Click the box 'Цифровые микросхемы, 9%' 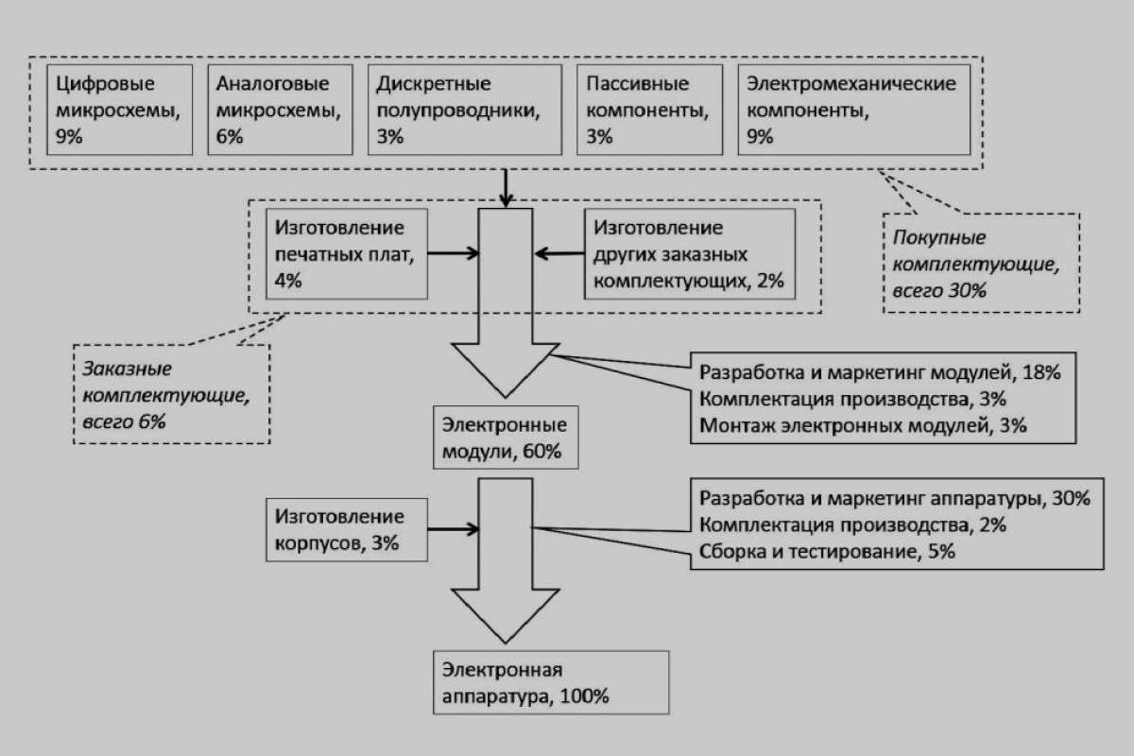coord(119,110)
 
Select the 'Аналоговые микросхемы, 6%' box coord(280,110)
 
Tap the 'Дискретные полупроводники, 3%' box coord(465,110)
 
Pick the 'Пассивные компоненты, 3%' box coord(649,110)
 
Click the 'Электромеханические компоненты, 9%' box coord(854,110)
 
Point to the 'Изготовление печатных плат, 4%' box coord(347,253)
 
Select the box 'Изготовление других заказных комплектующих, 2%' coord(690,253)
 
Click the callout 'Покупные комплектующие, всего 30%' coord(981,264)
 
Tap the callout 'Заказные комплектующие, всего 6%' coord(172,394)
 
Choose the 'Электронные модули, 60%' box coord(506,438)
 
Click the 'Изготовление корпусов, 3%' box coord(347,529)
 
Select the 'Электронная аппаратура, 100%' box coord(551,682)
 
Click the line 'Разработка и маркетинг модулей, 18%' coord(880,372)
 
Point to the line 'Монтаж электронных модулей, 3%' coord(863,425)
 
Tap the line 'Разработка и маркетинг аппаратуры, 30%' coord(895,499)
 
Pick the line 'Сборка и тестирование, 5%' coord(827,552)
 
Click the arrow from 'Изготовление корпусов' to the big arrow coord(454,529)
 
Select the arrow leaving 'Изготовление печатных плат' coord(454,253)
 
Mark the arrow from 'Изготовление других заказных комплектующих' coord(559,253)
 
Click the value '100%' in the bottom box coord(584,696)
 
